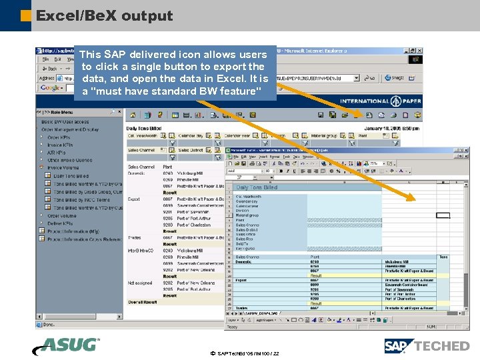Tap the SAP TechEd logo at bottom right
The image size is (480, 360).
427,345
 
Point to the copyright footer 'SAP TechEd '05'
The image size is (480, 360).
244,353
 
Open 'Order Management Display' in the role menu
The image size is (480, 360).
72,129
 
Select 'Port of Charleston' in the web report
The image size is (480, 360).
194,225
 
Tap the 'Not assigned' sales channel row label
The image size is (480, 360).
139,283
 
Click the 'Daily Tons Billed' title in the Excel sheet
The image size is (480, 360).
257,187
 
